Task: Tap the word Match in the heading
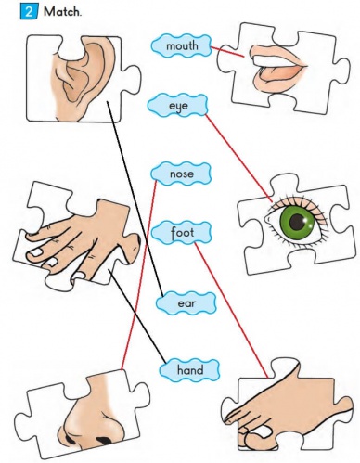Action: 62,12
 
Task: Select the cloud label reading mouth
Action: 182,45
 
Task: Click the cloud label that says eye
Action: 178,106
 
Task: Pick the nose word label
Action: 181,174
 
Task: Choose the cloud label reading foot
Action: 182,233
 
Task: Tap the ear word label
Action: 186,303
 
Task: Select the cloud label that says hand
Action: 190,370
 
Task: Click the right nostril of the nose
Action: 105,440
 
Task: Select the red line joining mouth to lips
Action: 227,52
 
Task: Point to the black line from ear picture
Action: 135,199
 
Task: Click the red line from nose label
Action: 139,275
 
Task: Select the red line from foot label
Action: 231,310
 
